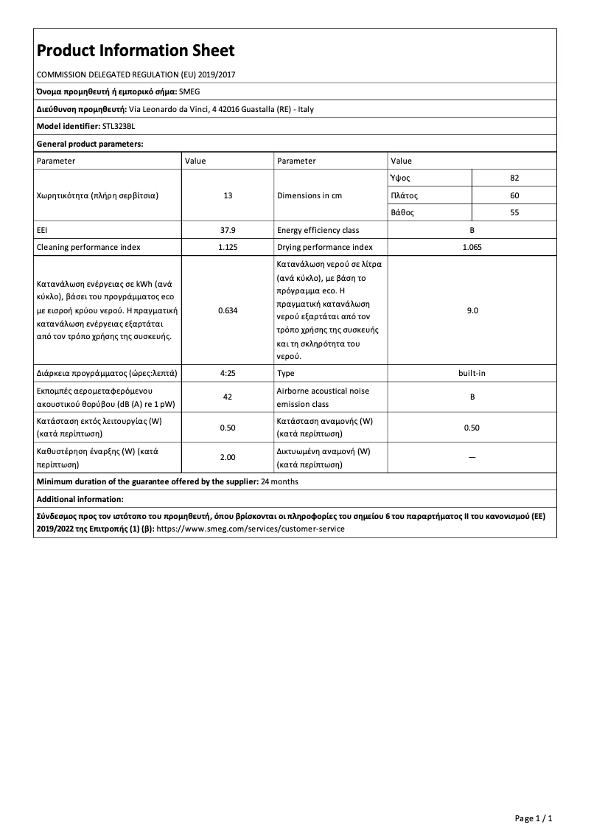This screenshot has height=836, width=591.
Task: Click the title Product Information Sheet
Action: pyautogui.click(x=136, y=51)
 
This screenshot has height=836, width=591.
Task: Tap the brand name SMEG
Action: pyautogui.click(x=190, y=91)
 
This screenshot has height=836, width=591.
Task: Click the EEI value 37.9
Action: pyautogui.click(x=228, y=230)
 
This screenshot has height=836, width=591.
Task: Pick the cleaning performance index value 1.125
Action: pyautogui.click(x=228, y=247)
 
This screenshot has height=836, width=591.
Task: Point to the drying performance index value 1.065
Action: pyautogui.click(x=472, y=247)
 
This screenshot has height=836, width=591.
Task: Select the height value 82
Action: pyautogui.click(x=514, y=178)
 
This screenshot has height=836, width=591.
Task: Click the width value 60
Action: pyautogui.click(x=514, y=195)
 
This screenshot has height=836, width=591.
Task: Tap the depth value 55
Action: pyautogui.click(x=514, y=212)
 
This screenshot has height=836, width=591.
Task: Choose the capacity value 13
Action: pyautogui.click(x=228, y=195)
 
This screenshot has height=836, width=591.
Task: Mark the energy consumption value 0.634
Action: pyautogui.click(x=228, y=310)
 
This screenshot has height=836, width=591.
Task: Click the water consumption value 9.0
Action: pyautogui.click(x=472, y=310)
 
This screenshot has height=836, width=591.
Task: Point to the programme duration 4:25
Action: pyautogui.click(x=228, y=373)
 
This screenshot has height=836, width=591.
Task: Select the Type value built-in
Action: pyautogui.click(x=472, y=373)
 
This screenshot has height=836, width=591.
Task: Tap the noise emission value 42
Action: pyautogui.click(x=228, y=397)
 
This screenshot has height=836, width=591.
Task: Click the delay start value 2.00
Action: pyautogui.click(x=228, y=457)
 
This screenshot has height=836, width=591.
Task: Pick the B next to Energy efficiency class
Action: pyautogui.click(x=472, y=230)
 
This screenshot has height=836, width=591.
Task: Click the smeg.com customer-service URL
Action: pyautogui.click(x=251, y=529)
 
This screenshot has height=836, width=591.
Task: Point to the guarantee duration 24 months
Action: pyautogui.click(x=279, y=481)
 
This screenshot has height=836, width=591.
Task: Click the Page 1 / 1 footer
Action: pyautogui.click(x=533, y=818)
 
